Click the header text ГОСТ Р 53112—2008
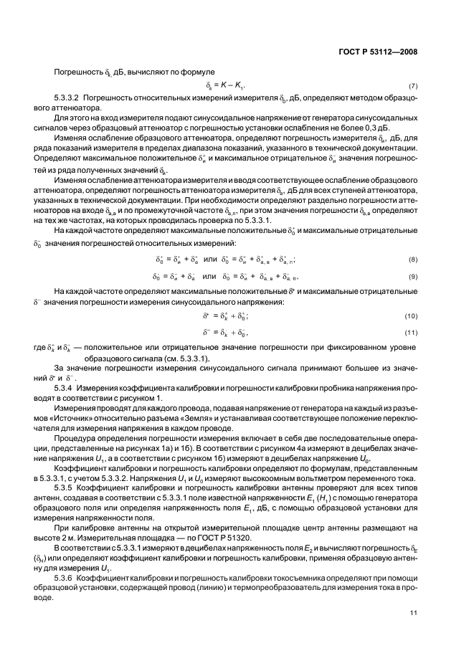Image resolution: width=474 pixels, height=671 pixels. point(378,52)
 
